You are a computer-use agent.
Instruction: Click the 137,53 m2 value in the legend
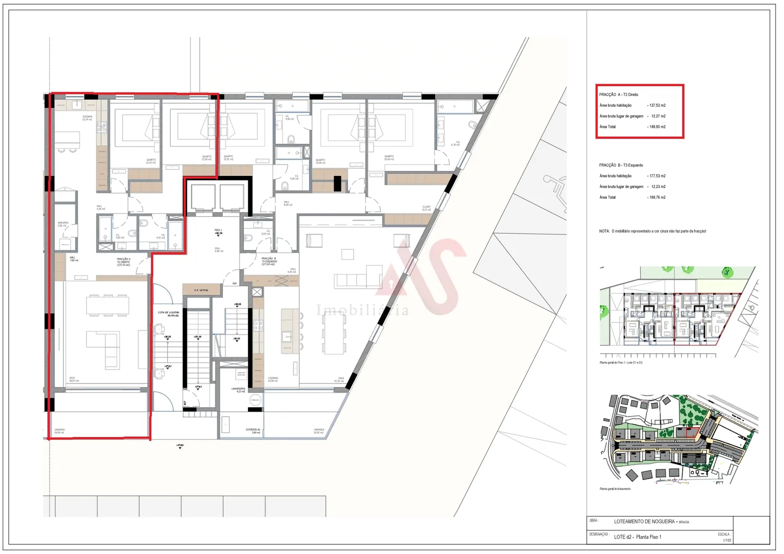pyautogui.click(x=657, y=105)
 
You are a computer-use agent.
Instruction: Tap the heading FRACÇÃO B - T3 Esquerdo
pyautogui.click(x=621, y=165)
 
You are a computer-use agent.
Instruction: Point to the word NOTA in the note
pyautogui.click(x=604, y=231)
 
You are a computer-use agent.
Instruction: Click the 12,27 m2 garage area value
pyautogui.click(x=658, y=116)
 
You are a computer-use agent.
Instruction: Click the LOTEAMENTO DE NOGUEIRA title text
pyautogui.click(x=644, y=522)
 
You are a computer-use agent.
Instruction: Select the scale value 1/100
pyautogui.click(x=727, y=540)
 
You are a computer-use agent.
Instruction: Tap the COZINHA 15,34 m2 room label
pyautogui.click(x=87, y=118)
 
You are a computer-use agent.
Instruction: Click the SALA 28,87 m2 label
pyautogui.click(x=74, y=379)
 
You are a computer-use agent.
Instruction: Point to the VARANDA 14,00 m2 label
pyautogui.click(x=60, y=431)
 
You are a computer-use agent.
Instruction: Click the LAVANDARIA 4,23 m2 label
pyautogui.click(x=238, y=390)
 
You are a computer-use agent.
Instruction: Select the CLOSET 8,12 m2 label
pyautogui.click(x=426, y=208)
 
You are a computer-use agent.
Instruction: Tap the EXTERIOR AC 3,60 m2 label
pyautogui.click(x=253, y=431)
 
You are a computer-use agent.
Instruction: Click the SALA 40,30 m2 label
pyautogui.click(x=339, y=379)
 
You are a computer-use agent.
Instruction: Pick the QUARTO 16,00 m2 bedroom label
pyautogui.click(x=389, y=157)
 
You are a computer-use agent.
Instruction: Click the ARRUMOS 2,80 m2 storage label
pyautogui.click(x=63, y=224)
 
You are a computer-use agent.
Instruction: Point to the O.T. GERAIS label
pyautogui.click(x=200, y=290)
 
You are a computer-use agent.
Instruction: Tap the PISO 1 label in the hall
pyautogui.click(x=218, y=231)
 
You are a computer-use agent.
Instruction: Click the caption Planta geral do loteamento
pyautogui.click(x=615, y=489)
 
